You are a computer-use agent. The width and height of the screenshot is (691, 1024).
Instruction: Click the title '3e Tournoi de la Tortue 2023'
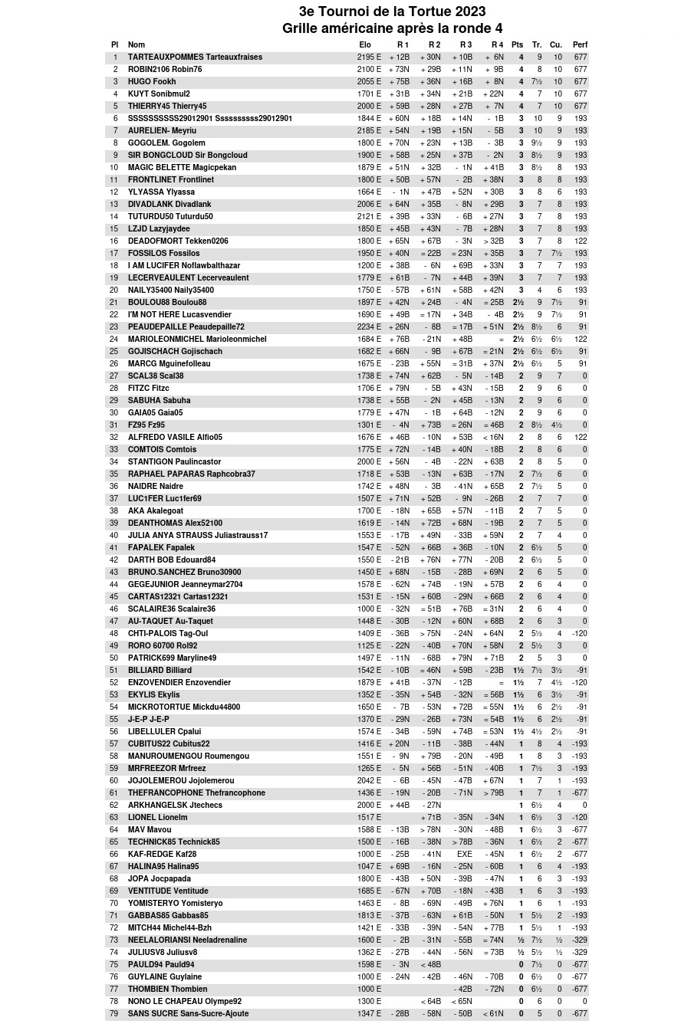click(x=392, y=11)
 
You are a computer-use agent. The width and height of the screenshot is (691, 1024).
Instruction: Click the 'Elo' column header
click(x=365, y=45)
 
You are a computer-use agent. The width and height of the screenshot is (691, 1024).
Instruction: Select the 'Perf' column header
click(x=580, y=45)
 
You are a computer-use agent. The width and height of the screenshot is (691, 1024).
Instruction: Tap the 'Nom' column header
click(x=137, y=45)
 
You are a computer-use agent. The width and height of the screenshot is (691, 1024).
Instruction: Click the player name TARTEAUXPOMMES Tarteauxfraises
click(x=195, y=57)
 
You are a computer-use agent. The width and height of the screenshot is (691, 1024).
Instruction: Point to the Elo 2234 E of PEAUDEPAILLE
click(x=369, y=327)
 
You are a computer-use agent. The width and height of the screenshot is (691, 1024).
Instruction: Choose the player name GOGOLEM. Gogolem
click(x=166, y=143)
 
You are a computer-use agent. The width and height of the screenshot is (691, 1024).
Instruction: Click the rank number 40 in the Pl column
click(x=114, y=536)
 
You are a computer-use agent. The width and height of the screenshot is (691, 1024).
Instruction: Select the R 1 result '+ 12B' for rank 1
click(x=400, y=57)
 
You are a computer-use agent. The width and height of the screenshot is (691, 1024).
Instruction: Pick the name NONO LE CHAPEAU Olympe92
click(x=184, y=1002)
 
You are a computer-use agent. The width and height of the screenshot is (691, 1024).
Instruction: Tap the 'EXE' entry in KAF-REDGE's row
click(x=465, y=855)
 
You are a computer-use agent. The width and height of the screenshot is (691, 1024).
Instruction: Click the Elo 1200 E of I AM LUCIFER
click(x=369, y=266)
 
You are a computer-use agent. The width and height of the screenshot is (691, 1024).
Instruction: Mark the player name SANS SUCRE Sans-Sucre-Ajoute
click(x=188, y=1014)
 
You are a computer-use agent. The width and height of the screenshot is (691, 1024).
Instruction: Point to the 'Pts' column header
click(x=518, y=45)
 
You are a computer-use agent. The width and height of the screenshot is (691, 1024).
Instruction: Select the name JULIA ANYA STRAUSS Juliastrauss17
click(x=198, y=536)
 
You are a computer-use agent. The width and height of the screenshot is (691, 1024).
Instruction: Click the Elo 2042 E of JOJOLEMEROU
click(x=369, y=781)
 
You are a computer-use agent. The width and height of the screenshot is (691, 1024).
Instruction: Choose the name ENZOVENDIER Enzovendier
click(x=179, y=683)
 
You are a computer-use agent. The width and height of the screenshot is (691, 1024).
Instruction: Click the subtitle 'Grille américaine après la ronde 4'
click(x=392, y=28)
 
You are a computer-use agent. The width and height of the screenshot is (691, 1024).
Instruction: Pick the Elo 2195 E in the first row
click(x=369, y=57)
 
